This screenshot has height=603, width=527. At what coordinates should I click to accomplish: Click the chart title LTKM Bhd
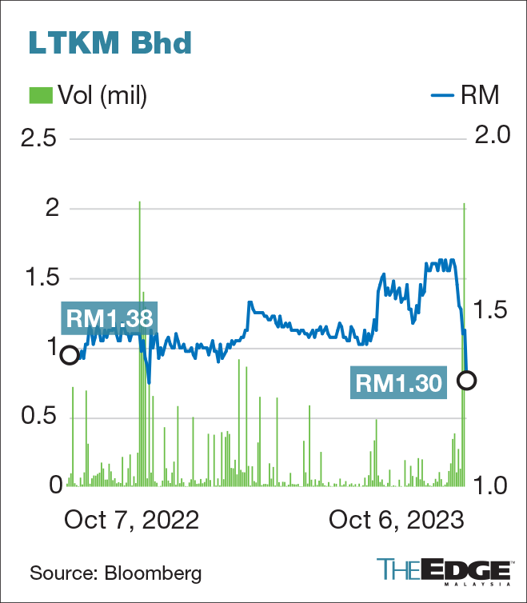click(110, 43)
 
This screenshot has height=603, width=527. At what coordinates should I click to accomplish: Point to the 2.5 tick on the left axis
click(39, 139)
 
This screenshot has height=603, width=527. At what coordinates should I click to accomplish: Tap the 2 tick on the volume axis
click(51, 209)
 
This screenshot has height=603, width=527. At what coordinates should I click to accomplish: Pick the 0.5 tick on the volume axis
click(39, 417)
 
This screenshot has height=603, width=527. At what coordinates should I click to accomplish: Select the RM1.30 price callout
click(399, 383)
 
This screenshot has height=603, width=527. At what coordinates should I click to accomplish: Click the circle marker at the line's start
click(70, 355)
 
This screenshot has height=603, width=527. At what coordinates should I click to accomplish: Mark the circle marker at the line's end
click(466, 381)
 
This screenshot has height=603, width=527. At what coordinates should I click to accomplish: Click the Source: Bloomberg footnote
click(116, 573)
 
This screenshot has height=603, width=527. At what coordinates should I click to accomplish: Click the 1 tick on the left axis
click(51, 347)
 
